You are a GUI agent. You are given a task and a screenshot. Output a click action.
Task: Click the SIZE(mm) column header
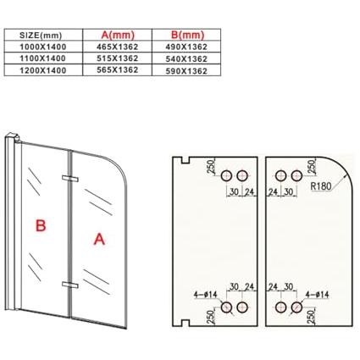41,36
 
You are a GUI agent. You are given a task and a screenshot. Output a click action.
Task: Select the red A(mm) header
118,35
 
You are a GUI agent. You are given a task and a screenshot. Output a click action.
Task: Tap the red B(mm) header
187,35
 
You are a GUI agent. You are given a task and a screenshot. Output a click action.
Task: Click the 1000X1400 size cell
42,47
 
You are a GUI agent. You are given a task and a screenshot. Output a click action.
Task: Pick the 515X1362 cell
117,58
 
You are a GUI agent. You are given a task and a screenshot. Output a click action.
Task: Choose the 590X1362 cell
186,71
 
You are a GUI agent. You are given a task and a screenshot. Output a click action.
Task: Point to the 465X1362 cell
117,47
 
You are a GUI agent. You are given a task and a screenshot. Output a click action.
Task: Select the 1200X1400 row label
42,70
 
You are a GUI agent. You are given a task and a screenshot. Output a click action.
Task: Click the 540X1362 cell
186,59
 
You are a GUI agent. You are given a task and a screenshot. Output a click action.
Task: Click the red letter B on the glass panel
41,225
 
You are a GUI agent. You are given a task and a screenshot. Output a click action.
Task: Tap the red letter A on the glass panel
99,239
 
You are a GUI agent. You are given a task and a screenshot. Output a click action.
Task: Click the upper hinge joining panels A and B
69,179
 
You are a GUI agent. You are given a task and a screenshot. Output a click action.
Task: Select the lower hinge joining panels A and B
69,285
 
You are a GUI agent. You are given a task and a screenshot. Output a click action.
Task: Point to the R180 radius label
320,186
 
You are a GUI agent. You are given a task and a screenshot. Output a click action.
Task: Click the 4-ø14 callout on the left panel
205,295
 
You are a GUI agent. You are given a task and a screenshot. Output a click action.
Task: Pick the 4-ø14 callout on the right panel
317,295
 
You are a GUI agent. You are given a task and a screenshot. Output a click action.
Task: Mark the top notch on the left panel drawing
186,160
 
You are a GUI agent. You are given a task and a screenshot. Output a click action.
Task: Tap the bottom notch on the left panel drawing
186,323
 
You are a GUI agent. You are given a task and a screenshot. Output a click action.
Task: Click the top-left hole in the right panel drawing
280,175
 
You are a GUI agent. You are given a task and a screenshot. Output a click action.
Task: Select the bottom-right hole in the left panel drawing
242,307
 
